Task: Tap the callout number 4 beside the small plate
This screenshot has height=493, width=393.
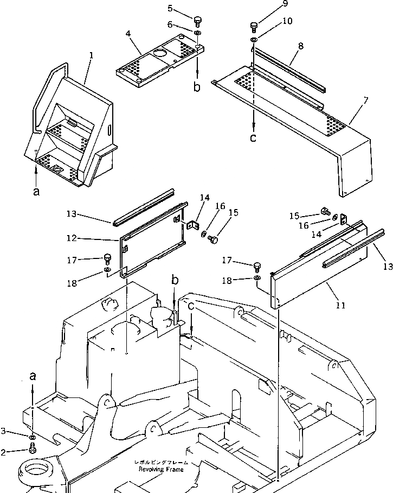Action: click(128, 34)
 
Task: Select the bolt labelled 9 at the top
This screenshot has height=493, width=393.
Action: click(254, 26)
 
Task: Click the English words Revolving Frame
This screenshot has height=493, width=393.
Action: click(161, 469)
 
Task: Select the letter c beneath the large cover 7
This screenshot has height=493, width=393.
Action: click(253, 138)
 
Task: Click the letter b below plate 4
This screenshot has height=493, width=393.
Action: click(197, 86)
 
